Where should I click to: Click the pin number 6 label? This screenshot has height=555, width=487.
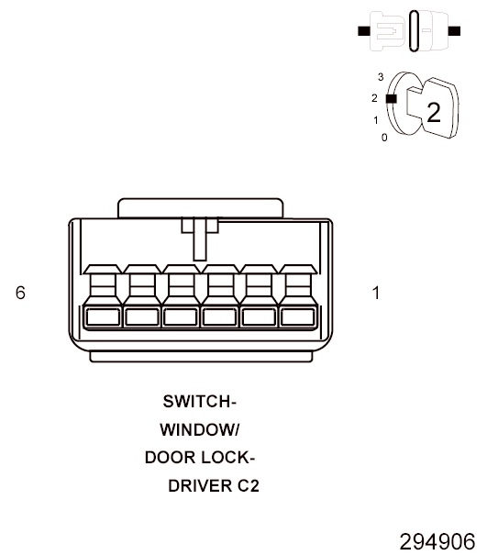[20, 293]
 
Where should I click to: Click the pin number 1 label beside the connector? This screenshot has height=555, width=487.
[376, 293]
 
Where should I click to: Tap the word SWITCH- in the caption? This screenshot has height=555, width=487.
[199, 402]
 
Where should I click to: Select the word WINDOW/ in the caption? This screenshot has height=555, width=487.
[200, 430]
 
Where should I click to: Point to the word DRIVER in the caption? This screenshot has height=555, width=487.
[200, 486]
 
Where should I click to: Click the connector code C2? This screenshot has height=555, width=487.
[249, 486]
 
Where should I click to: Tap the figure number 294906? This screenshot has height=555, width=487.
[437, 541]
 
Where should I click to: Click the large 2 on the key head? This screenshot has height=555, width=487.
[434, 113]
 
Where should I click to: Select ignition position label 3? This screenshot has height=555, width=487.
[381, 77]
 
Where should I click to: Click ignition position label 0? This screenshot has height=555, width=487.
[384, 138]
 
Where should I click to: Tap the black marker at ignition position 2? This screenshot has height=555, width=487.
[391, 99]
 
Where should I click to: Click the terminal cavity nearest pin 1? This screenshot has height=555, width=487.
[297, 316]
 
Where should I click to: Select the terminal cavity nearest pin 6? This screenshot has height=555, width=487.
[103, 316]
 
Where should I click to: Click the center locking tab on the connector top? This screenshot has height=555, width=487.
[200, 239]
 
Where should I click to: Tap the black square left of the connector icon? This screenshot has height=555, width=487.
[364, 31]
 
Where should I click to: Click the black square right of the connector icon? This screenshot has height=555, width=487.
[454, 31]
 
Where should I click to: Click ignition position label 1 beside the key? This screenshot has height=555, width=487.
[376, 120]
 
